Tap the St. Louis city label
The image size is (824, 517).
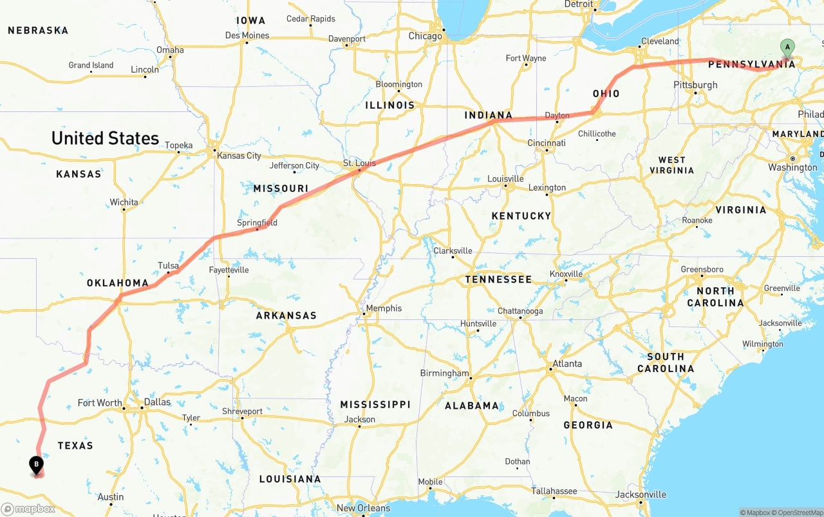coord(359,163)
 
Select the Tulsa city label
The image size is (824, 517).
coord(168,265)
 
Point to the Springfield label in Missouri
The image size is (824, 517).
coord(257,223)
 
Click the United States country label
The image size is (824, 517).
coord(105,138)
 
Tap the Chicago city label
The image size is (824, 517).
coord(426,36)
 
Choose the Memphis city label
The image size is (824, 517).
coord(384,308)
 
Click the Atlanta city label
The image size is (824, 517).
coord(566,364)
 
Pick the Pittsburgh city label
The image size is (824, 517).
coord(695,85)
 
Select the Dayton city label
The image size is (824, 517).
coord(557,116)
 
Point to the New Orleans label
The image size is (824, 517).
coord(364,508)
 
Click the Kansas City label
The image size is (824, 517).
coord(239,156)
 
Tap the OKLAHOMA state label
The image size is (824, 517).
coord(118,283)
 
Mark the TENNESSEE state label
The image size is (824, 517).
coord(498,279)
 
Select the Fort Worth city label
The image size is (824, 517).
coord(100,403)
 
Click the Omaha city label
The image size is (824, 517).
coord(170,50)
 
